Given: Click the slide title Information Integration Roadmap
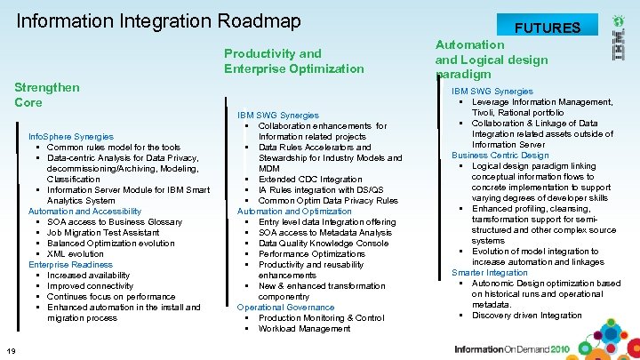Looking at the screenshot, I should [159, 20].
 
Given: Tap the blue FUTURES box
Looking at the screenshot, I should [548, 27].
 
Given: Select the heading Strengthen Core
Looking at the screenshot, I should [47, 94].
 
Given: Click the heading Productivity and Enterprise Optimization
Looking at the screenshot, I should [293, 60].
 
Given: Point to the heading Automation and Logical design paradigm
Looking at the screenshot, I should [492, 59].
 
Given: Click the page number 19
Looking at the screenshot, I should [10, 348].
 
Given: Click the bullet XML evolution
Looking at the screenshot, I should [75, 253].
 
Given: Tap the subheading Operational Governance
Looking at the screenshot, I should [285, 307].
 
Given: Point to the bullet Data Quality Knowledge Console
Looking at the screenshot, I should [323, 243].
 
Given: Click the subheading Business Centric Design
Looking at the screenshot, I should [500, 155].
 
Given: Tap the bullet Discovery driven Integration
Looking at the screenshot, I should [526, 315].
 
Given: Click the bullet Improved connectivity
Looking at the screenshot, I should [92, 285].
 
